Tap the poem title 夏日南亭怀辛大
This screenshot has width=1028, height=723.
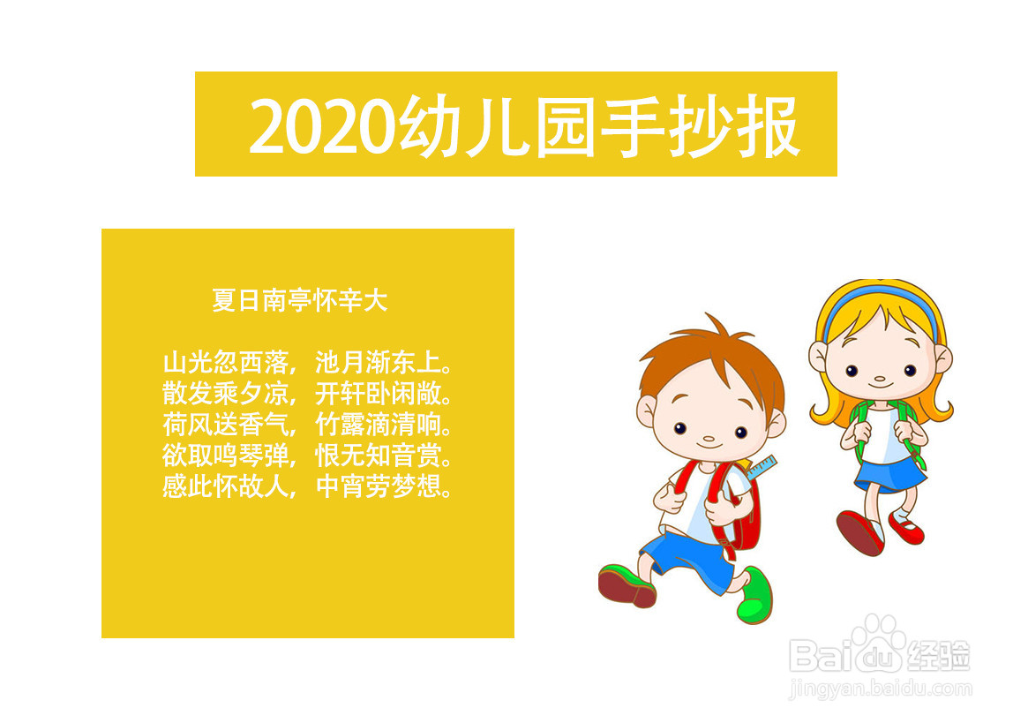click(x=300, y=300)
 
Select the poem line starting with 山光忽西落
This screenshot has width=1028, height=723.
click(x=307, y=362)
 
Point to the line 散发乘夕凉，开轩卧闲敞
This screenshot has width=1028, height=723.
click(x=307, y=394)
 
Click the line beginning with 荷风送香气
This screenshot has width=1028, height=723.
click(x=307, y=425)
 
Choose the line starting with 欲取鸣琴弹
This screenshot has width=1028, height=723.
click(x=307, y=456)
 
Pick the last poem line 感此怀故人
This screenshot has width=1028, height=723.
click(x=307, y=486)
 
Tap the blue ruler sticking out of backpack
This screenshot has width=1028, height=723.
click(x=762, y=468)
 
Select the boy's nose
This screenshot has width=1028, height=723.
click(x=709, y=439)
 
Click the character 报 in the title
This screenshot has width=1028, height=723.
click(x=768, y=126)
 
